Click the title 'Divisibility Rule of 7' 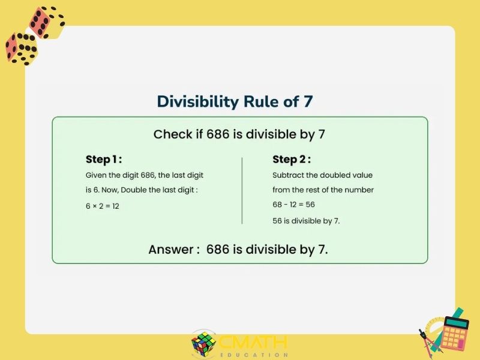click(235, 101)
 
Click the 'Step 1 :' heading click(104, 159)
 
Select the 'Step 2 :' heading click(292, 159)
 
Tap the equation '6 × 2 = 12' click(102, 206)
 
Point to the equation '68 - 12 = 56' click(293, 205)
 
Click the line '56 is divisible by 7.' click(306, 221)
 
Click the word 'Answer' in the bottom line click(171, 250)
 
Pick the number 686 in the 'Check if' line click(218, 134)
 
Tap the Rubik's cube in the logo click(203, 344)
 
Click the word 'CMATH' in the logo click(253, 342)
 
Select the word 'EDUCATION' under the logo click(254, 355)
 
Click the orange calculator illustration click(455, 334)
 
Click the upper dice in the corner click(47, 22)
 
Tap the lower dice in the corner click(22, 49)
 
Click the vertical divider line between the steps click(242, 191)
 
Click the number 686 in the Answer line click(218, 250)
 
